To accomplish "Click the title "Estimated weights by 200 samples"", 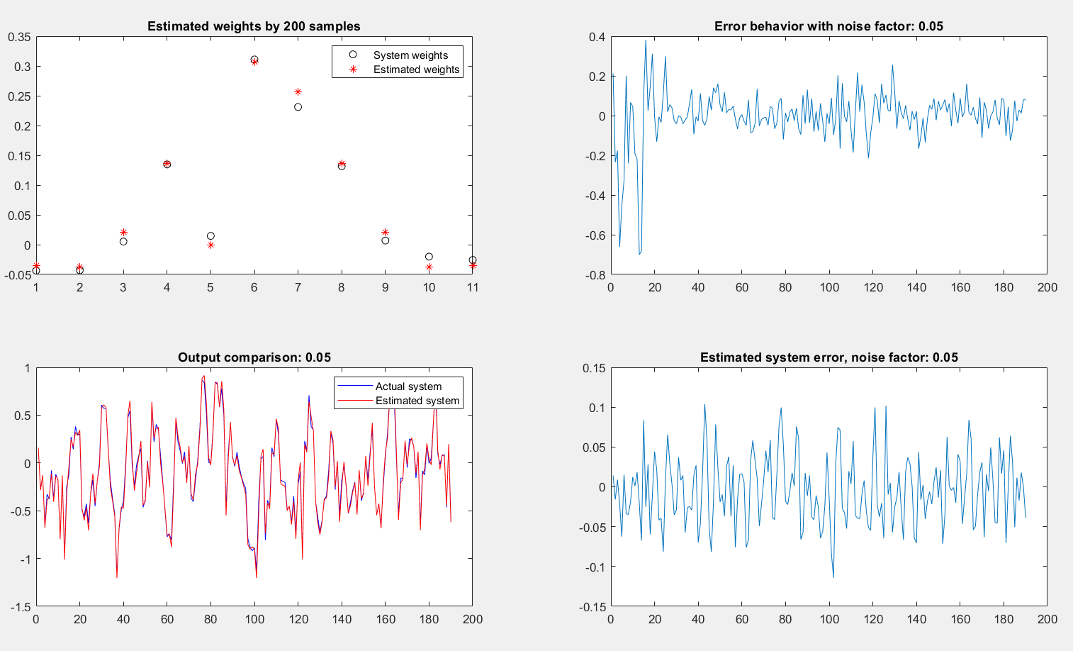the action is tap(254, 26).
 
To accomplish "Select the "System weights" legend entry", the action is tap(400, 55).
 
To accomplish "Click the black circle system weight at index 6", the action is tap(254, 60).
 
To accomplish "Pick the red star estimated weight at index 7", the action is tap(298, 91).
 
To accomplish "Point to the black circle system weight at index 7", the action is tap(298, 107).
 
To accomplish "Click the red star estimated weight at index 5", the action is tap(210, 245).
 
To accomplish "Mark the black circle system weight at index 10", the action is tap(429, 257).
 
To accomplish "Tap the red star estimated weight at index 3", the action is tap(123, 232).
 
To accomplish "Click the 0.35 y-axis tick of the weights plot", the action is tap(19, 37).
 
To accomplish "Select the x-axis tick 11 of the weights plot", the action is tap(473, 287).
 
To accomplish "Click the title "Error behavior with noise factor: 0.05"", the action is tap(828, 26).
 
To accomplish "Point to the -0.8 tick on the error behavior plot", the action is tap(595, 275).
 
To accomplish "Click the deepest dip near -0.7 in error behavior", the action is tap(639, 254).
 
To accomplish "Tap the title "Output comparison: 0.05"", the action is tap(254, 357).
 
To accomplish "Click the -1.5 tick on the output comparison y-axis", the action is tap(21, 607).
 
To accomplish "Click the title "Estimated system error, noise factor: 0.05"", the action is tap(829, 357).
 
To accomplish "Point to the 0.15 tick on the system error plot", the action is tap(594, 368).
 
